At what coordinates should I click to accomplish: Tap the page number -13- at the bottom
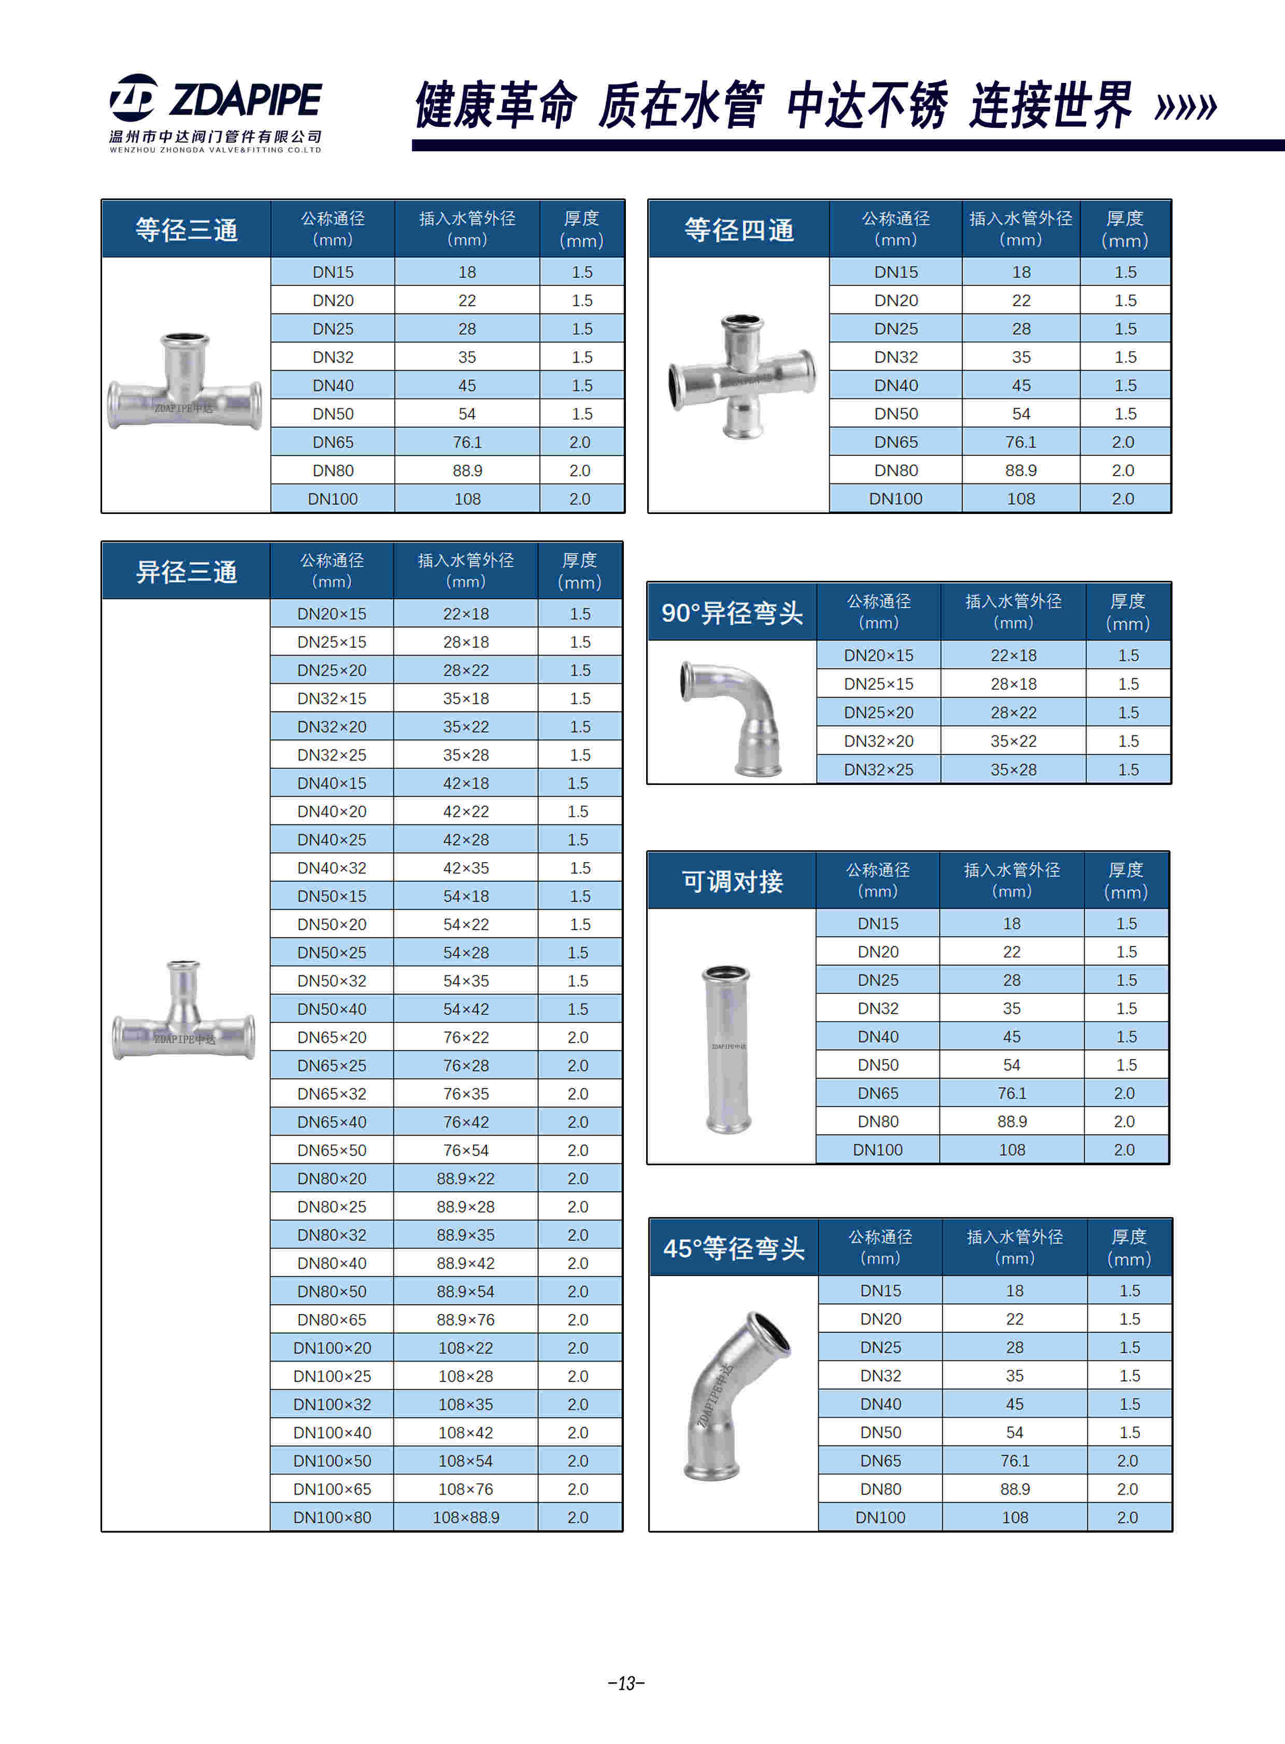626,1682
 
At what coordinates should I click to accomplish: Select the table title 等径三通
186,230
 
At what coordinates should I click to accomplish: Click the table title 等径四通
739,230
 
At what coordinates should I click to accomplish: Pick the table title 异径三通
186,571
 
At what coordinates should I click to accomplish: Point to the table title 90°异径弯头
732,613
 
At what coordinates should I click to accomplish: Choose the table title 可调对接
732,881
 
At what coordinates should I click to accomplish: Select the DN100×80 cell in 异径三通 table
332,1517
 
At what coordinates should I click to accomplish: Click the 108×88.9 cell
466,1517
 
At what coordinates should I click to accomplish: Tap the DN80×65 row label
332,1319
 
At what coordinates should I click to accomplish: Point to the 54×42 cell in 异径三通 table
466,1009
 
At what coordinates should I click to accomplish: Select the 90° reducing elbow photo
731,717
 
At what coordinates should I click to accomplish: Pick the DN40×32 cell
332,867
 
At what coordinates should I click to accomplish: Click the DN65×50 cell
332,1150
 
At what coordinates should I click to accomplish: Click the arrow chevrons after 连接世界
1186,107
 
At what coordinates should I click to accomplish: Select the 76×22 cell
466,1037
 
